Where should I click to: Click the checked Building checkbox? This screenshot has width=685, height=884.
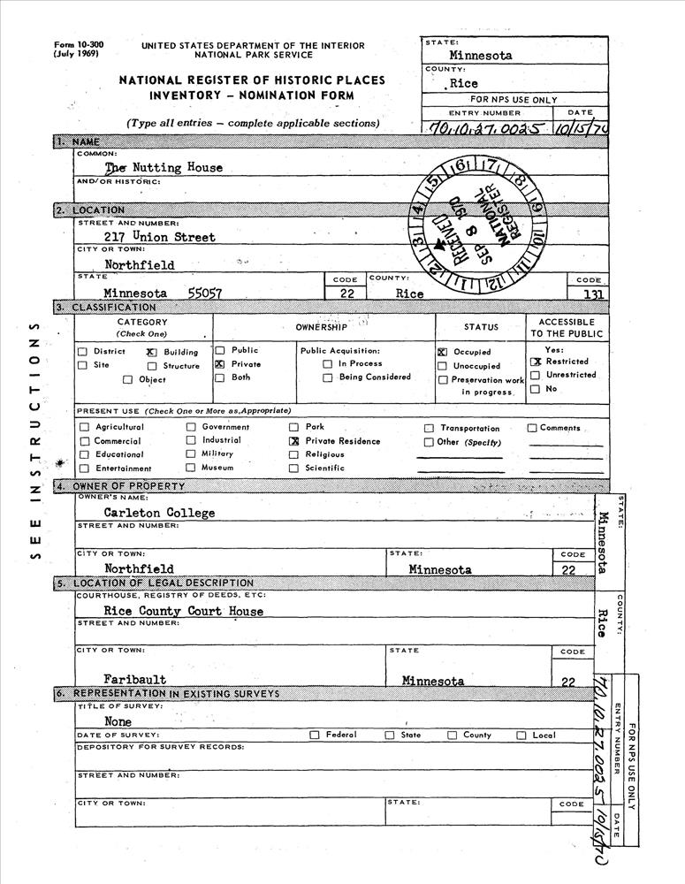coord(151,352)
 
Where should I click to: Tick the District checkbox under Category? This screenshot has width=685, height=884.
coord(84,352)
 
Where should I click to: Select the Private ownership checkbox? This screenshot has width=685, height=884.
coord(220,364)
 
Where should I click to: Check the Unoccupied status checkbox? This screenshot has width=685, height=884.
coord(442,366)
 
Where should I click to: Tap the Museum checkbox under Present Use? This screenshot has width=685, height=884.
coord(191,468)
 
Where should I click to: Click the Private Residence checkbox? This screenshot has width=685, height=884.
coord(294,440)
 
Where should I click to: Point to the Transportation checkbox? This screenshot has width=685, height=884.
coord(430,428)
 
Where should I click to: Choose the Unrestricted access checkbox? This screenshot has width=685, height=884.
coord(535,375)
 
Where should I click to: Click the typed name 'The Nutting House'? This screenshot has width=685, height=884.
coord(164,167)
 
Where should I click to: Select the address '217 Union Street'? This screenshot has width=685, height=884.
coord(160,237)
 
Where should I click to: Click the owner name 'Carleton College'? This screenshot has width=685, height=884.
coord(159,513)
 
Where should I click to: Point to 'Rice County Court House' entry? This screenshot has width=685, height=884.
coord(183,611)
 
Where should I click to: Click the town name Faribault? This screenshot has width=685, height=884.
coord(135,680)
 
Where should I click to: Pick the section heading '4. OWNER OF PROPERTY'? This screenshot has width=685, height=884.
coord(120,486)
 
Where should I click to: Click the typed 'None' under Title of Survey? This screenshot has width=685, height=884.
coord(118,721)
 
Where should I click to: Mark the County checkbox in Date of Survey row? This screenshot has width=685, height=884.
coord(453,735)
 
